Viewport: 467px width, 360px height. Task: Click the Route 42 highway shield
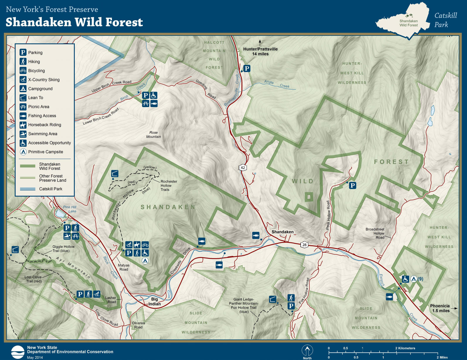(243, 168)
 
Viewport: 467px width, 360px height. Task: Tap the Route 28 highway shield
(304, 244)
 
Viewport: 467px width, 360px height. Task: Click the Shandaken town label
(282, 232)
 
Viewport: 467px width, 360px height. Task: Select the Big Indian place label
(154, 301)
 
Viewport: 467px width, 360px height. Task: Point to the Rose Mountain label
(153, 134)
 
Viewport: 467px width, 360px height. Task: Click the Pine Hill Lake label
(70, 209)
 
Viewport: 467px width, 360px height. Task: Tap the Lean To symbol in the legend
(23, 98)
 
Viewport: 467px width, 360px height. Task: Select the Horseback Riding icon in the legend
(23, 125)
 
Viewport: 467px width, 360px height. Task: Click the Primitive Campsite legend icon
(23, 152)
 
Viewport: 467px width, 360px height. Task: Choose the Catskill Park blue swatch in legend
(28, 189)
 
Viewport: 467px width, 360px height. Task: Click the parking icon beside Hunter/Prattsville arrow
(247, 68)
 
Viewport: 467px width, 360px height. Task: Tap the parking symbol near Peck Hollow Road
(353, 185)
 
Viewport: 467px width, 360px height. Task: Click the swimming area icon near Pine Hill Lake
(67, 236)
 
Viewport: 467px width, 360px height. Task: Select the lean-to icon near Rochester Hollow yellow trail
(115, 173)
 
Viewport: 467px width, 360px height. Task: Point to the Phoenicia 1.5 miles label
(440, 308)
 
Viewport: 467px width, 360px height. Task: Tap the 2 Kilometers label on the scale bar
(405, 348)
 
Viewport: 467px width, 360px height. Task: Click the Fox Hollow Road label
(304, 291)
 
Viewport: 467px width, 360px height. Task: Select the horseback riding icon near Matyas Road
(137, 245)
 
